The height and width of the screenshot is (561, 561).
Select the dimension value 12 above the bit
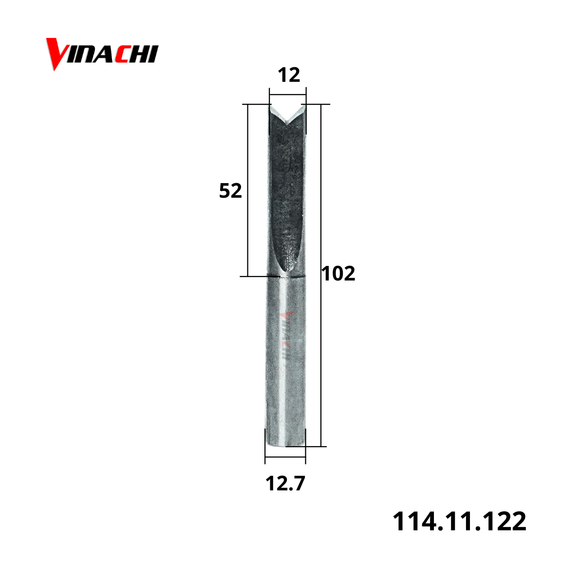pos(289,75)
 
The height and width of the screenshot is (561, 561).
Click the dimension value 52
pos(230,190)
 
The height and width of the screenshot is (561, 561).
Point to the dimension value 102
pos(338,273)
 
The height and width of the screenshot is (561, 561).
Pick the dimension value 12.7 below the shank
pos(285,483)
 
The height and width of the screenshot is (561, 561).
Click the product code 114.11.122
pos(459,521)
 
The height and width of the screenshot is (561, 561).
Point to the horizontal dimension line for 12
pos(288,94)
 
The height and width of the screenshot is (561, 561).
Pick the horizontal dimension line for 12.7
pos(285,457)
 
